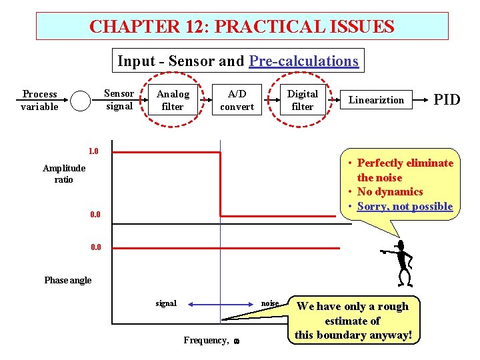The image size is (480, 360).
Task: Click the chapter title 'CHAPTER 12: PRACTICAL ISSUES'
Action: (x=241, y=27)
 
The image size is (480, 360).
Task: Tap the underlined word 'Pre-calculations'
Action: (x=304, y=61)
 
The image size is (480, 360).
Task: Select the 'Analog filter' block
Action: (x=173, y=100)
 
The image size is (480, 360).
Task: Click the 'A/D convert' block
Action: (x=237, y=100)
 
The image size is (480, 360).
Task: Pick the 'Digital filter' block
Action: (x=302, y=100)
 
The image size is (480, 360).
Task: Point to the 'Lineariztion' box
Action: (x=377, y=100)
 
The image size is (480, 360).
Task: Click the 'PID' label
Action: (x=447, y=100)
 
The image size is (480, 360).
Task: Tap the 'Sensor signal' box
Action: (x=119, y=100)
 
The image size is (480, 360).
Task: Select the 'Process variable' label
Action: (x=40, y=100)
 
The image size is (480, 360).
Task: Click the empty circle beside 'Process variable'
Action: (x=80, y=101)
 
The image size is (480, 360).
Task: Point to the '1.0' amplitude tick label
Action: (x=93, y=151)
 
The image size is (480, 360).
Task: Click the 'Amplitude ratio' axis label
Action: (x=65, y=174)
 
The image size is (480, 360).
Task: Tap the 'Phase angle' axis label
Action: (x=68, y=280)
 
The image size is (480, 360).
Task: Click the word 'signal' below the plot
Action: (x=166, y=303)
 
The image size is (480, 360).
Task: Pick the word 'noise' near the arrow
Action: (x=270, y=303)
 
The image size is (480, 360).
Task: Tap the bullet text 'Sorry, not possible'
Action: (x=405, y=207)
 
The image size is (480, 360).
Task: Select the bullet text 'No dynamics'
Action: (x=390, y=192)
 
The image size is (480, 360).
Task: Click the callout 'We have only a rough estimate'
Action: (x=353, y=320)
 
